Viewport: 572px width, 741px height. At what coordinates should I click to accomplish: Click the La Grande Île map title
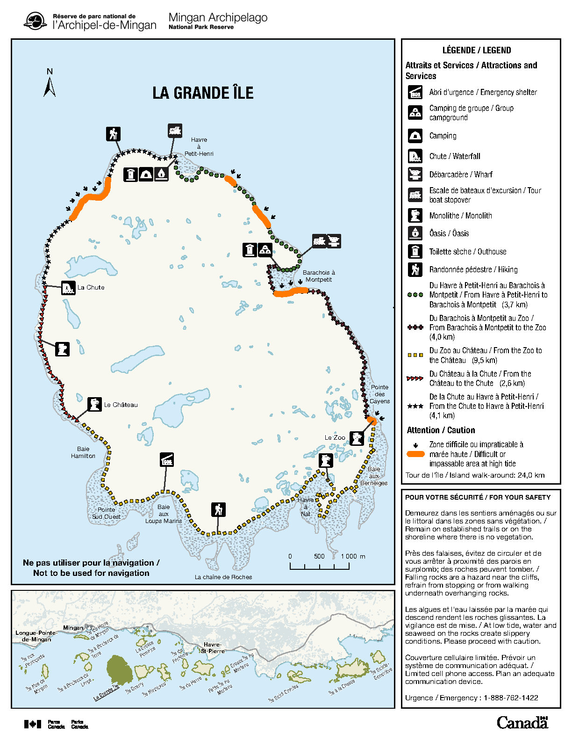(x=203, y=93)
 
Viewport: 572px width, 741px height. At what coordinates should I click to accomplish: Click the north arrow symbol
(x=50, y=84)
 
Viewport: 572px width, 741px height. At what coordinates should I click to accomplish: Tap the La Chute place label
(x=91, y=287)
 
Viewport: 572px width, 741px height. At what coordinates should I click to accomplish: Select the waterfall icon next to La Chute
(x=68, y=288)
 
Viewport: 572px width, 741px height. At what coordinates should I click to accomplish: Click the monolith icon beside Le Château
(x=95, y=404)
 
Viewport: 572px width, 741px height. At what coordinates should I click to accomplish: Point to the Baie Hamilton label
(x=83, y=452)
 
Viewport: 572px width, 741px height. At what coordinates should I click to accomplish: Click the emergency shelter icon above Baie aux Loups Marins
(x=166, y=460)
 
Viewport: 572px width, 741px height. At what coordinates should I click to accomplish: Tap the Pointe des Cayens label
(x=379, y=394)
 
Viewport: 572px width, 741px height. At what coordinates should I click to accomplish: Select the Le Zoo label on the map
(x=335, y=438)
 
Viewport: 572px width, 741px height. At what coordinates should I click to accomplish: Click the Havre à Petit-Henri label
(x=199, y=146)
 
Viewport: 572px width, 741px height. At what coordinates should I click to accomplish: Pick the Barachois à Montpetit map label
(x=319, y=276)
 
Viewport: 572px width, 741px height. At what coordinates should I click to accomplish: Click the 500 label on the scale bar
(x=319, y=556)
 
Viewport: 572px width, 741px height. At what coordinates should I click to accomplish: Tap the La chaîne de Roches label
(x=223, y=577)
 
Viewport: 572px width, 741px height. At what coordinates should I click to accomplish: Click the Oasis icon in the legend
(x=415, y=233)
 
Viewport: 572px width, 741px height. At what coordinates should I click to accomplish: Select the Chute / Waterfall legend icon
(x=415, y=156)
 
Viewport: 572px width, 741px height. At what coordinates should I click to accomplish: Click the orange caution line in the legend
(x=415, y=454)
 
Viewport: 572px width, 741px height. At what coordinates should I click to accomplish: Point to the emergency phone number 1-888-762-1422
(x=511, y=697)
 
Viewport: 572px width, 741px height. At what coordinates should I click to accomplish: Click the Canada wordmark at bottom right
(x=522, y=722)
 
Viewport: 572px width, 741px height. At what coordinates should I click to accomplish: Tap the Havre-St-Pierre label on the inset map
(x=213, y=647)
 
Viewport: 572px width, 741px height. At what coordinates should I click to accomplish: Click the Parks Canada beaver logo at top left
(x=35, y=21)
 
